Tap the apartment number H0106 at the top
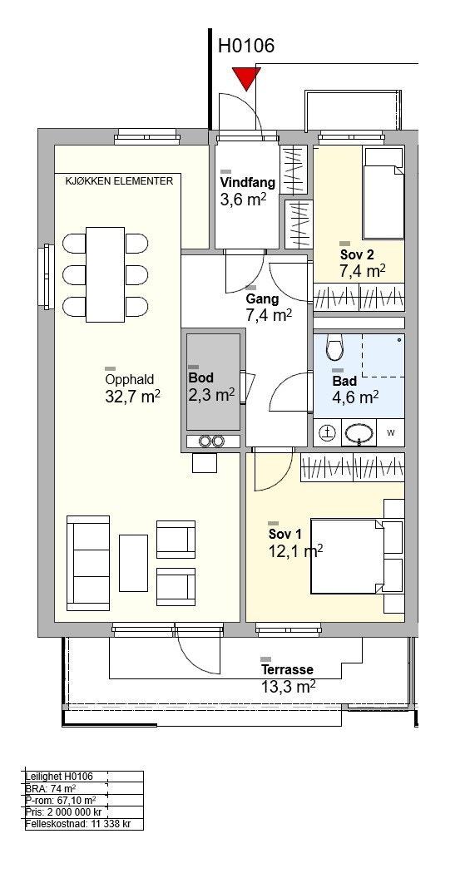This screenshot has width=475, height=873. pyautogui.click(x=246, y=46)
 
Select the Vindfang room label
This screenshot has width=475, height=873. pyautogui.click(x=248, y=182)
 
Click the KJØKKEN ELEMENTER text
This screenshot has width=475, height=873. pyautogui.click(x=119, y=181)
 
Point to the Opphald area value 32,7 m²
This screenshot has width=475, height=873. pyautogui.click(x=132, y=396)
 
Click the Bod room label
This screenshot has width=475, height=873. pyautogui.click(x=201, y=378)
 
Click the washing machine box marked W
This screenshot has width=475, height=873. pyautogui.click(x=391, y=433)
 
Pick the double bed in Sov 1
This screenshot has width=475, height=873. pyautogui.click(x=348, y=556)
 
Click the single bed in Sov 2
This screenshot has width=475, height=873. pyautogui.click(x=383, y=193)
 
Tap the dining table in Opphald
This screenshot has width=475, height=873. pyautogui.click(x=106, y=274)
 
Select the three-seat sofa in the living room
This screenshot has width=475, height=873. pyautogui.click(x=88, y=563)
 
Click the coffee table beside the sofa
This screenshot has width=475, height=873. pyautogui.click(x=134, y=563)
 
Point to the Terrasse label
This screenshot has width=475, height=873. pyautogui.click(x=287, y=669)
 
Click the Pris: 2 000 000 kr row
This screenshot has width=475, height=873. pyautogui.click(x=63, y=811)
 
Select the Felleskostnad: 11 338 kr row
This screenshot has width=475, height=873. pyautogui.click(x=78, y=824)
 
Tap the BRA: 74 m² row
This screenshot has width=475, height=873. pyautogui.click(x=51, y=788)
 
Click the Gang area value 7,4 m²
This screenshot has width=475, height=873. pyautogui.click(x=270, y=316)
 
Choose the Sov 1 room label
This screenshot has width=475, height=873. pyautogui.click(x=285, y=535)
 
